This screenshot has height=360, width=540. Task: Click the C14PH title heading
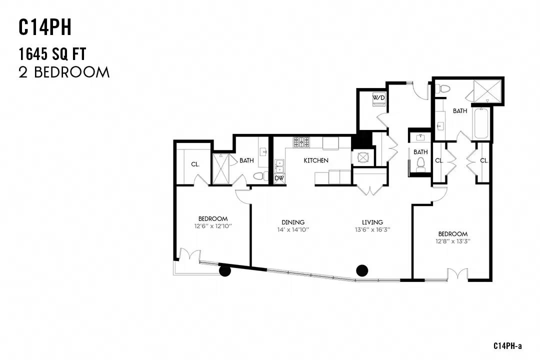click(x=45, y=27)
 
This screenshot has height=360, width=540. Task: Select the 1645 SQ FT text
click(x=52, y=54)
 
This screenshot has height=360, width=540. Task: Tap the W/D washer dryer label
click(x=378, y=98)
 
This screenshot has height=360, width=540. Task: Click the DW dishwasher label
click(x=279, y=178)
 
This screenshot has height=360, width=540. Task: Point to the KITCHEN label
click(x=316, y=160)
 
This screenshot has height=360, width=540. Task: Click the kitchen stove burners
click(x=301, y=142)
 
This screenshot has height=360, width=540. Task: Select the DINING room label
click(x=293, y=222)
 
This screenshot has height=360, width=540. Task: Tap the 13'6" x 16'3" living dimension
click(x=372, y=229)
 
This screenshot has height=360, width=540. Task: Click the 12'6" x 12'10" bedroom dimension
click(x=213, y=226)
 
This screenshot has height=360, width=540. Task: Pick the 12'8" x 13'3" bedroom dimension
click(x=453, y=241)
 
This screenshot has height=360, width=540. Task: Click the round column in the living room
click(x=362, y=271)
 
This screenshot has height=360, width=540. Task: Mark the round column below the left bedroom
click(x=225, y=271)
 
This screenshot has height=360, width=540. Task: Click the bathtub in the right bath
click(x=481, y=123)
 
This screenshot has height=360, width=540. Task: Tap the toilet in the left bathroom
click(x=260, y=176)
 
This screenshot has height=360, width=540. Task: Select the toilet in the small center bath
click(x=420, y=164)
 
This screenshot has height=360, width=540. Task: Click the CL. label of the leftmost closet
click(x=195, y=164)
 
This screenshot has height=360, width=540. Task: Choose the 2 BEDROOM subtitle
click(x=64, y=72)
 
